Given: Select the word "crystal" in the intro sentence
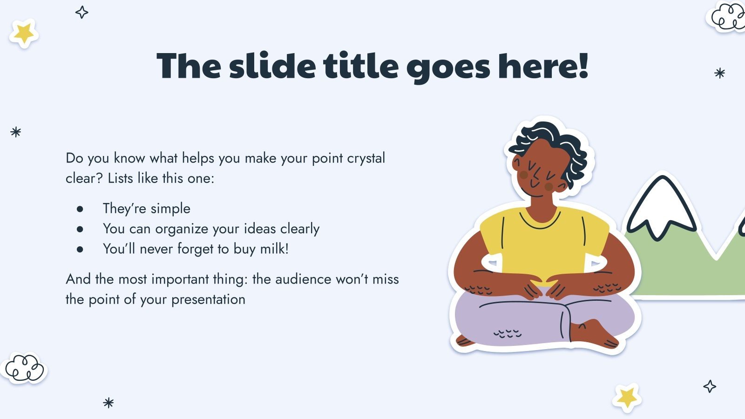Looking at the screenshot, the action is click(366, 158).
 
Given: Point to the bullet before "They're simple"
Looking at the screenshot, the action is click(80, 209).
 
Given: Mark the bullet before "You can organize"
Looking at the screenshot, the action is click(80, 229).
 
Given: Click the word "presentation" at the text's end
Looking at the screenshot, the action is click(208, 300).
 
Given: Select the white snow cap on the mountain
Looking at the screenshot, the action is click(661, 206).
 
